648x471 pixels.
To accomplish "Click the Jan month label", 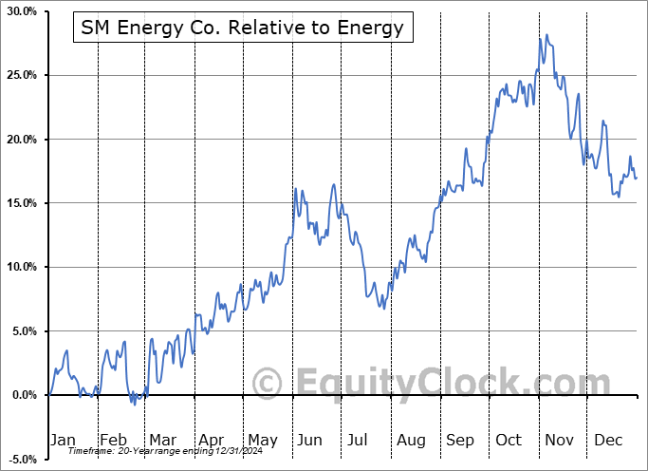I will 63,440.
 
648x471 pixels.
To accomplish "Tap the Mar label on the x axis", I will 161,440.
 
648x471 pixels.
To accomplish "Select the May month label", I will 262,440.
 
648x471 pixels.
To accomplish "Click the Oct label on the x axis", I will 509,440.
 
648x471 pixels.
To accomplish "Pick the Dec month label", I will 609,440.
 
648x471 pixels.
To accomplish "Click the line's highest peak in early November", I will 546,35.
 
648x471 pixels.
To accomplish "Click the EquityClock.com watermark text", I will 417,384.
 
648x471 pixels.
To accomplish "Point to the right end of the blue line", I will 637,179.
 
